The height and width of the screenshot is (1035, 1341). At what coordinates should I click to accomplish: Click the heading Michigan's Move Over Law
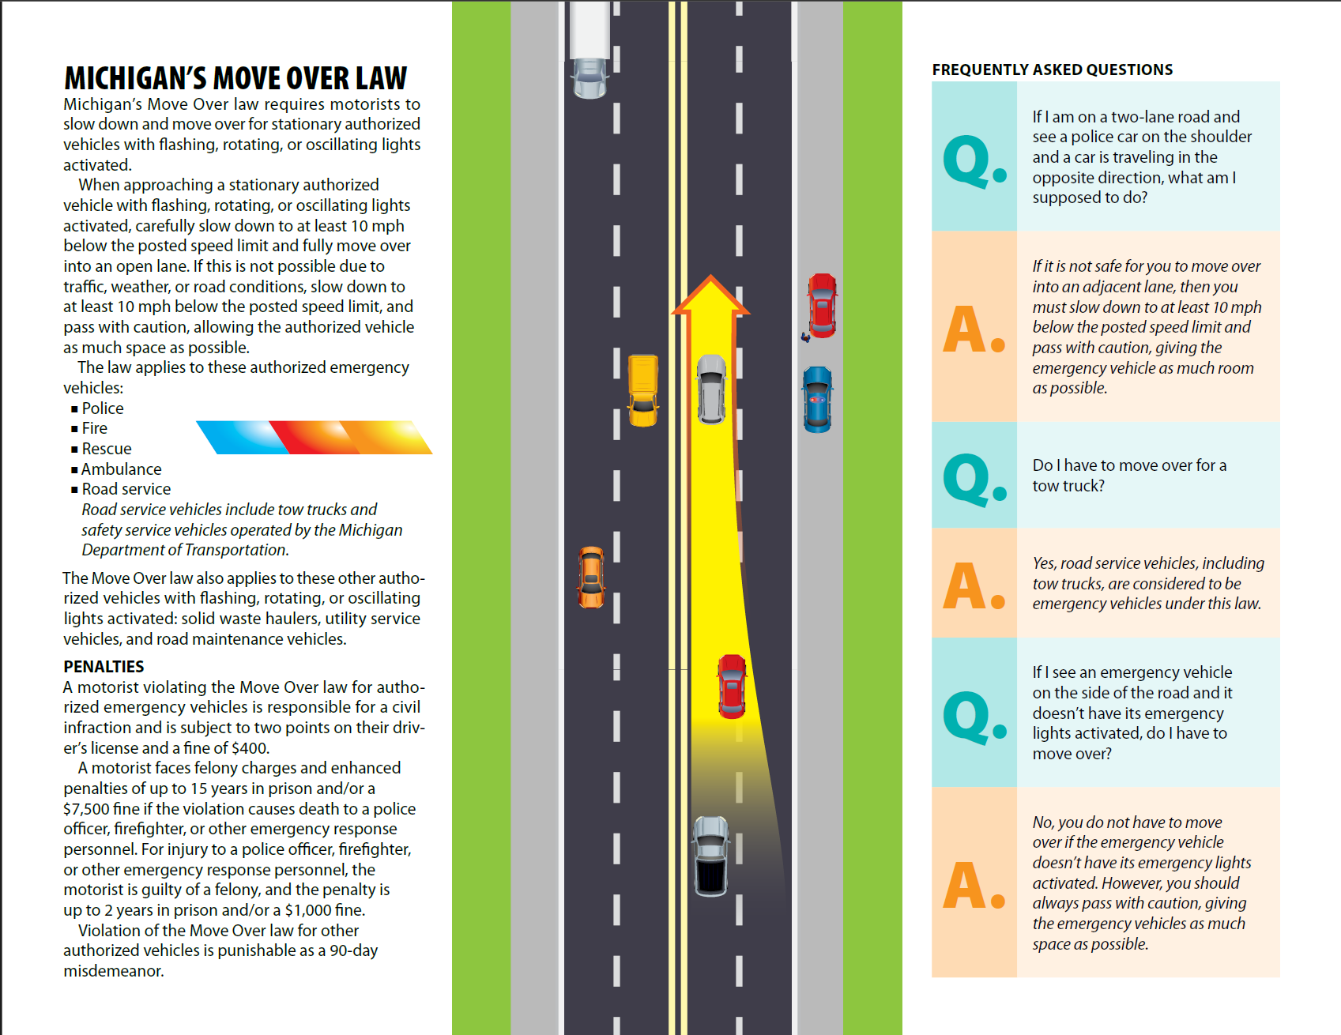point(235,78)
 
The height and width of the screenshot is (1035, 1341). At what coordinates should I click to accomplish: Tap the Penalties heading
point(104,667)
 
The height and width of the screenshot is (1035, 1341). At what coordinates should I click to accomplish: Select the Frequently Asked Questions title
point(1052,70)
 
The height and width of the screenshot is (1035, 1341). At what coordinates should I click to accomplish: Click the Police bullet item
point(103,408)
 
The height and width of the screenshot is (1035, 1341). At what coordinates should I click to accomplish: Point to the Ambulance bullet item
point(121,469)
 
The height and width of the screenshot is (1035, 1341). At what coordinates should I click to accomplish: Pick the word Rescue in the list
point(107,449)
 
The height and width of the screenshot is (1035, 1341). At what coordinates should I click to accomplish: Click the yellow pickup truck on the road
point(642,390)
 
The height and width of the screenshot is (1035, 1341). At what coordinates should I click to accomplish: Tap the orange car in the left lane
point(591,577)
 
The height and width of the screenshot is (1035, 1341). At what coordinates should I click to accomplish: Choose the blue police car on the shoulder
point(817,399)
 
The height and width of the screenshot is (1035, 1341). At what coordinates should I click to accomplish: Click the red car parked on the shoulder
point(822,305)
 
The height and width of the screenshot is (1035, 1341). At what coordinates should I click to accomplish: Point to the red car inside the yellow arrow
point(732,686)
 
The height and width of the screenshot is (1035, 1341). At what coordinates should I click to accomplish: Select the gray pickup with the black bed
point(710,856)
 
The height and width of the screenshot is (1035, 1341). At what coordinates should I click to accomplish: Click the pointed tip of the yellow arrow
point(711,279)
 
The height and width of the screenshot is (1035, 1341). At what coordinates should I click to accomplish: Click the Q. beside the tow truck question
point(974,479)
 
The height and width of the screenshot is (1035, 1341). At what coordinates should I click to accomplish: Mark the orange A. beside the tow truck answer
point(974,585)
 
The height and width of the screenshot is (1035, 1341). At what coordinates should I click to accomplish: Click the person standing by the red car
point(805,337)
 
